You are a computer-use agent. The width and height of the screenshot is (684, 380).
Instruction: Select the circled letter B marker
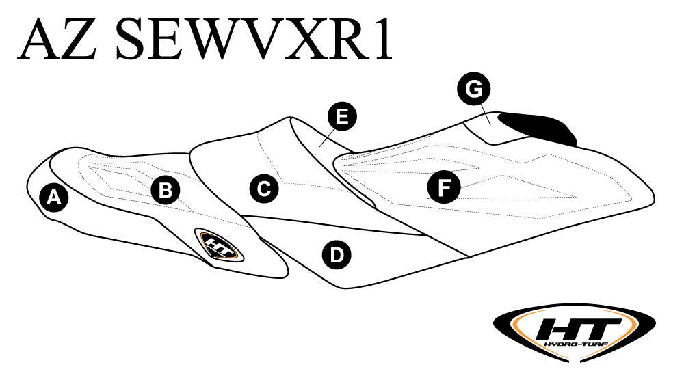tap(165, 190)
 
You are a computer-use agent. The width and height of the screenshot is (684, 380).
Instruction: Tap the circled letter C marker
tap(263, 188)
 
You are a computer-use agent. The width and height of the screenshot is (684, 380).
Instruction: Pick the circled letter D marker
tap(336, 255)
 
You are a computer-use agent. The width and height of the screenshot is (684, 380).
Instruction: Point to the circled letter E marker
tap(342, 117)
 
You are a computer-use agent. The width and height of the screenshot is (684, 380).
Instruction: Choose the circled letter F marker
tap(444, 187)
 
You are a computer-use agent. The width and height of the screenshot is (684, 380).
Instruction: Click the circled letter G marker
tap(474, 89)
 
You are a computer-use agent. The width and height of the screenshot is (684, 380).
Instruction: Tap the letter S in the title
tap(133, 40)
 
